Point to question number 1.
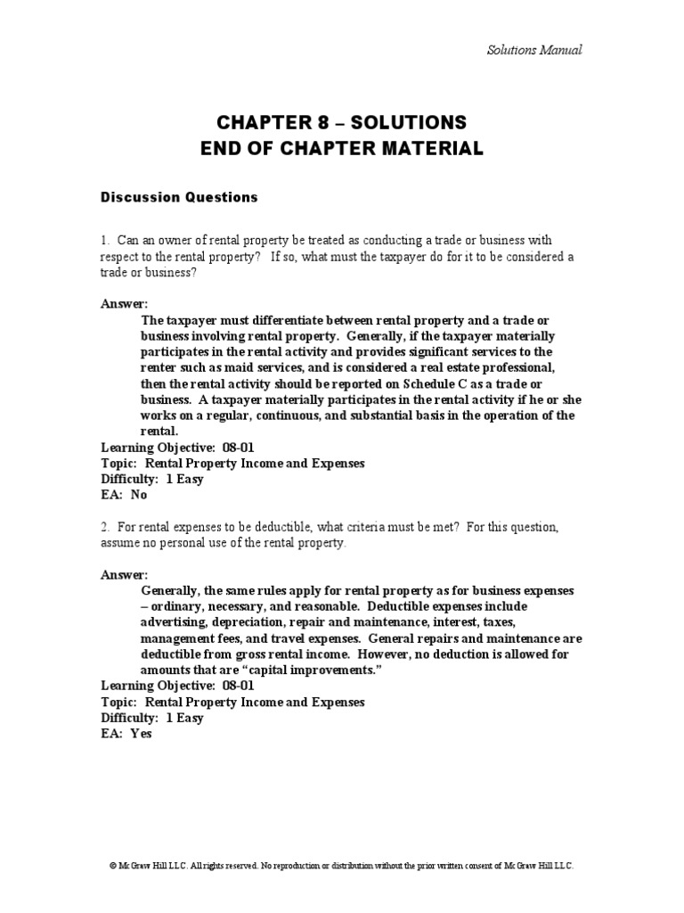point(103,241)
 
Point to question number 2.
point(103,527)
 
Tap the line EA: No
point(124,495)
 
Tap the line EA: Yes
point(126,735)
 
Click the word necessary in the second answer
point(239,606)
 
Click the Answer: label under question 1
point(124,303)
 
